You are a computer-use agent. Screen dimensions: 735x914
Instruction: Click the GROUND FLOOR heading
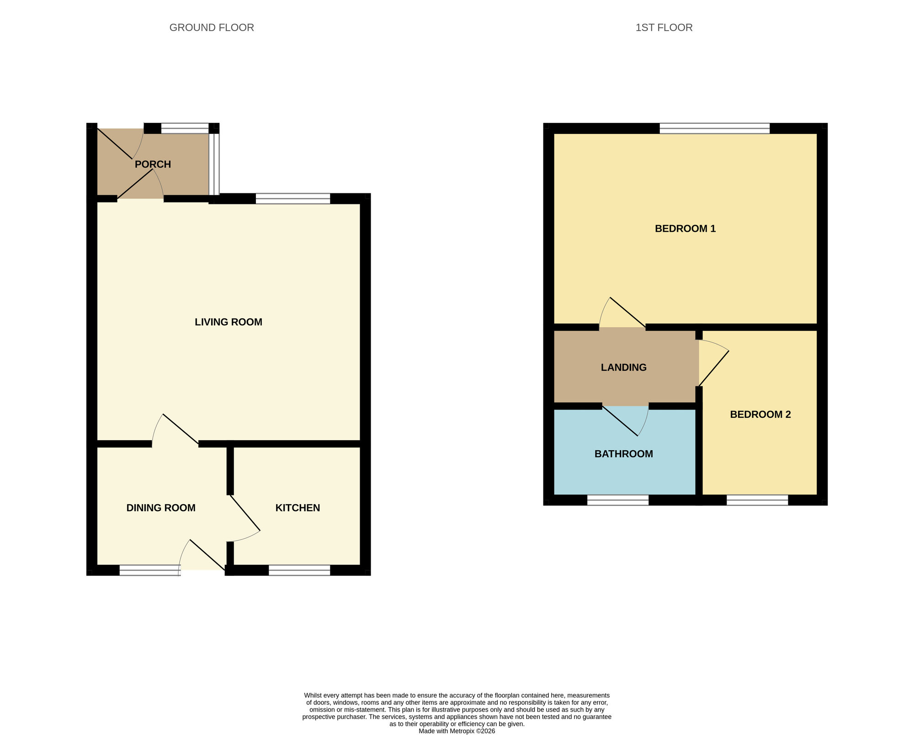click(x=212, y=27)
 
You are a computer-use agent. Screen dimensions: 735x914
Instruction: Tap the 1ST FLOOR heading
click(x=664, y=27)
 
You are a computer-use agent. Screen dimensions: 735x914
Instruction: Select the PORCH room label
click(x=153, y=164)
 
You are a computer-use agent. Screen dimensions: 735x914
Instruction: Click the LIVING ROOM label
click(x=228, y=322)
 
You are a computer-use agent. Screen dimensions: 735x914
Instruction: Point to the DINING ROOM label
click(x=161, y=508)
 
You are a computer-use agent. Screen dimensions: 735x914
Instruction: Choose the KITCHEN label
click(x=298, y=508)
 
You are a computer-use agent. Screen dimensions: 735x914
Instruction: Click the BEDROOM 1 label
click(x=685, y=229)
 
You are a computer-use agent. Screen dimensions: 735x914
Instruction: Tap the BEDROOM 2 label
click(x=760, y=415)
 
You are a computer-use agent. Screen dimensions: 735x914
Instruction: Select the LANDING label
click(x=623, y=367)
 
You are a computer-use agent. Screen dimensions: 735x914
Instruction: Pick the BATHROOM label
click(x=623, y=454)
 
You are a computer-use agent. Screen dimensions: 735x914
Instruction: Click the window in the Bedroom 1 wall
click(x=714, y=128)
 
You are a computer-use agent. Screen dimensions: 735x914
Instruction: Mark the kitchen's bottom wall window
click(x=299, y=570)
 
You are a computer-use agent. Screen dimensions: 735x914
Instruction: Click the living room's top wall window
click(x=292, y=198)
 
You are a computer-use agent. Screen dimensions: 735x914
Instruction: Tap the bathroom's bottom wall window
click(x=617, y=500)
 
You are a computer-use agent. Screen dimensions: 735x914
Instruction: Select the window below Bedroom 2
click(x=757, y=500)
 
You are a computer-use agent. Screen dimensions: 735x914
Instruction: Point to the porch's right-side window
click(x=214, y=164)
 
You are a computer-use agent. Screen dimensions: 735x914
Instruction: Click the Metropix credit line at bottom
click(x=457, y=731)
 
